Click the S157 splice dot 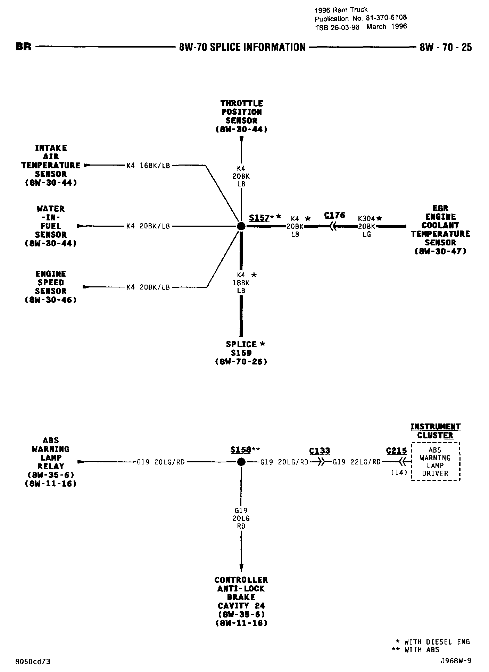click(241, 226)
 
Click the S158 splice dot click(241, 462)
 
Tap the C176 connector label click(334, 216)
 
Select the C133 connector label click(320, 451)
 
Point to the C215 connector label click(396, 451)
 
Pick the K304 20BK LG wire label click(367, 226)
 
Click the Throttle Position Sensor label click(241, 116)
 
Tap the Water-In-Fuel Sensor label click(51, 226)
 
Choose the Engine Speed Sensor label click(51, 287)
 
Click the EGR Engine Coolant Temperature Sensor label click(440, 229)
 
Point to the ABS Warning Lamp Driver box click(436, 462)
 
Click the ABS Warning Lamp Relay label click(51, 462)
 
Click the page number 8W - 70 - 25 click(446, 47)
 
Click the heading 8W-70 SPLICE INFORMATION click(242, 47)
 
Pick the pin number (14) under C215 click(399, 472)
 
